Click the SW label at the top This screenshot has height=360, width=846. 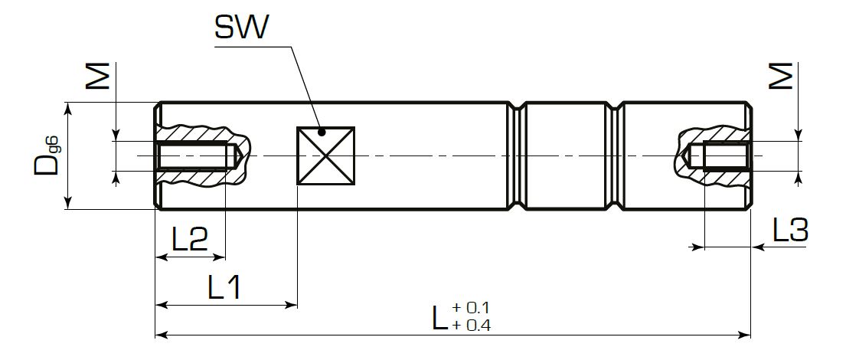click(242, 28)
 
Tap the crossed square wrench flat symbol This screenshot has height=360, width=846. click(326, 155)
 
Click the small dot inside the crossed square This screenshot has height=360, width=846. click(322, 133)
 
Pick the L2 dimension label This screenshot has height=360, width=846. click(189, 241)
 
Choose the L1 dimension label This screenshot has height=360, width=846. click(225, 288)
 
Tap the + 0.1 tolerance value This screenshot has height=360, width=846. click(471, 308)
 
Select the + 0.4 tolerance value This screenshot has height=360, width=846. click(471, 324)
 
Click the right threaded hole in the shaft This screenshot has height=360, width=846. click(724, 156)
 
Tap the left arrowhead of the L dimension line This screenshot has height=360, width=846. click(160, 335)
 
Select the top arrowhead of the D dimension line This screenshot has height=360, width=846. click(69, 107)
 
